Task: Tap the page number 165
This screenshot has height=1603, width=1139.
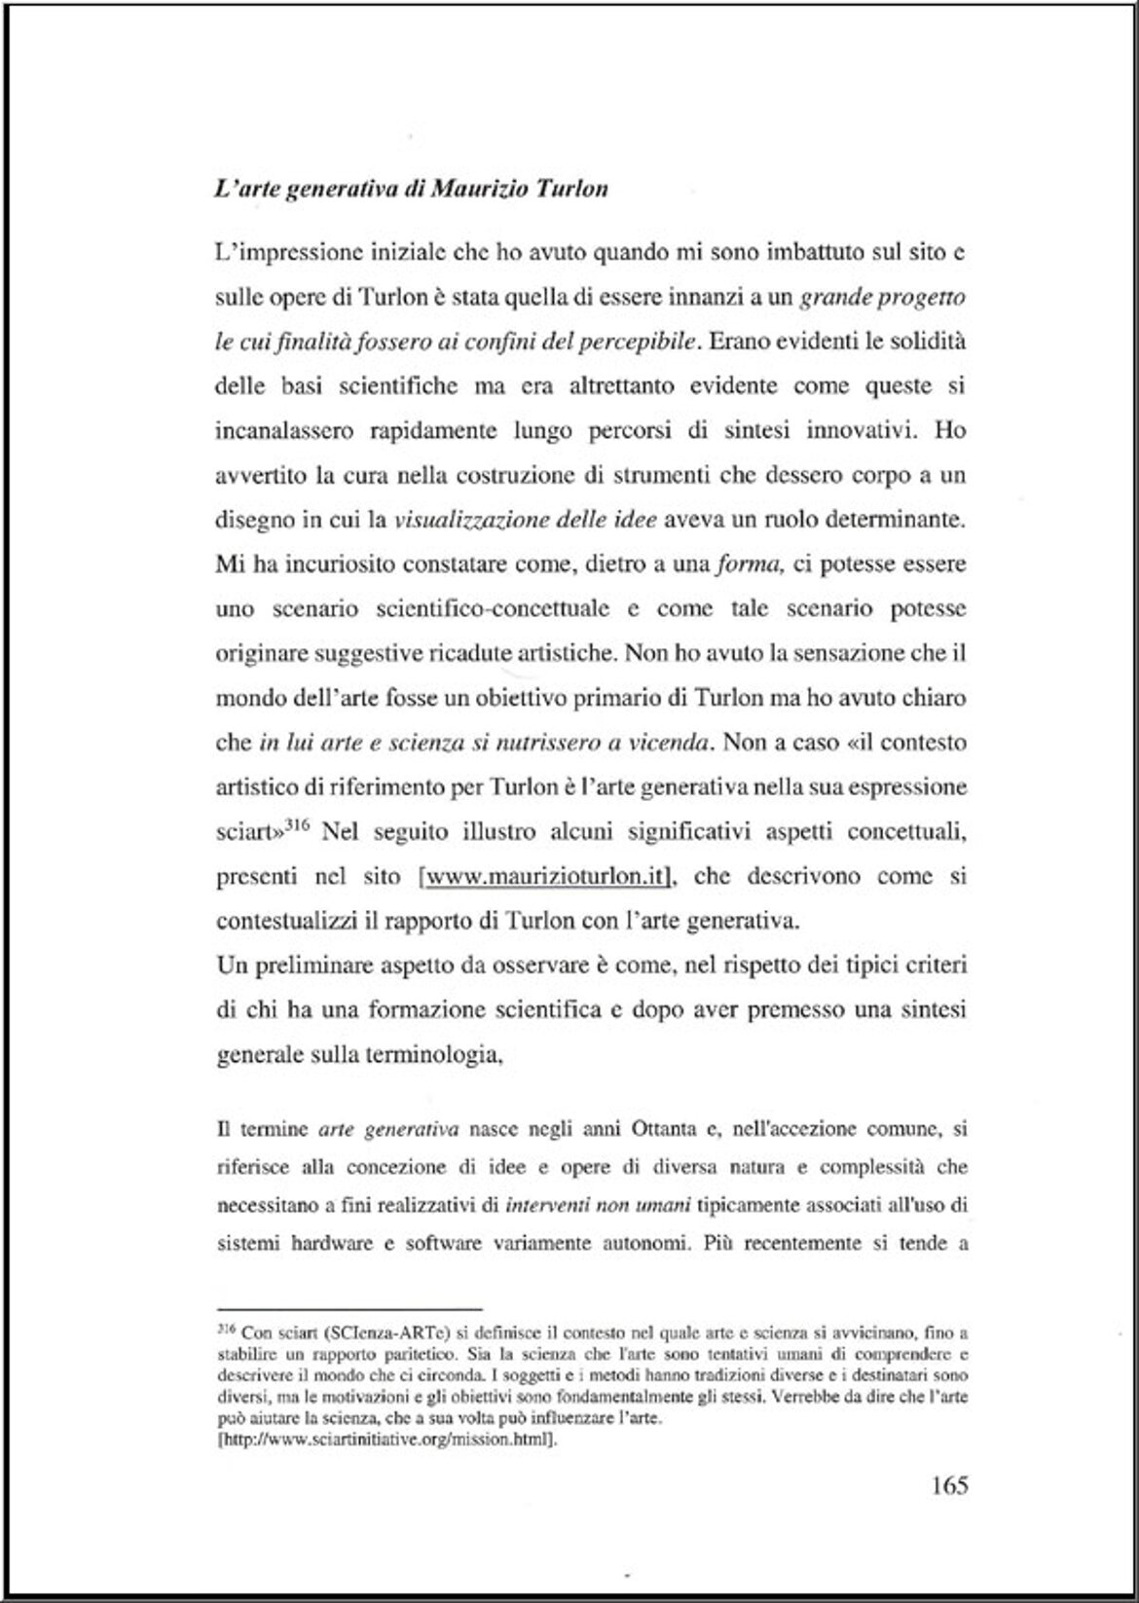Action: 949,1485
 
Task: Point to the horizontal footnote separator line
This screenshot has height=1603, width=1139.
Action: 349,1310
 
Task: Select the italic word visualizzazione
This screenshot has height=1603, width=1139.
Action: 471,520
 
